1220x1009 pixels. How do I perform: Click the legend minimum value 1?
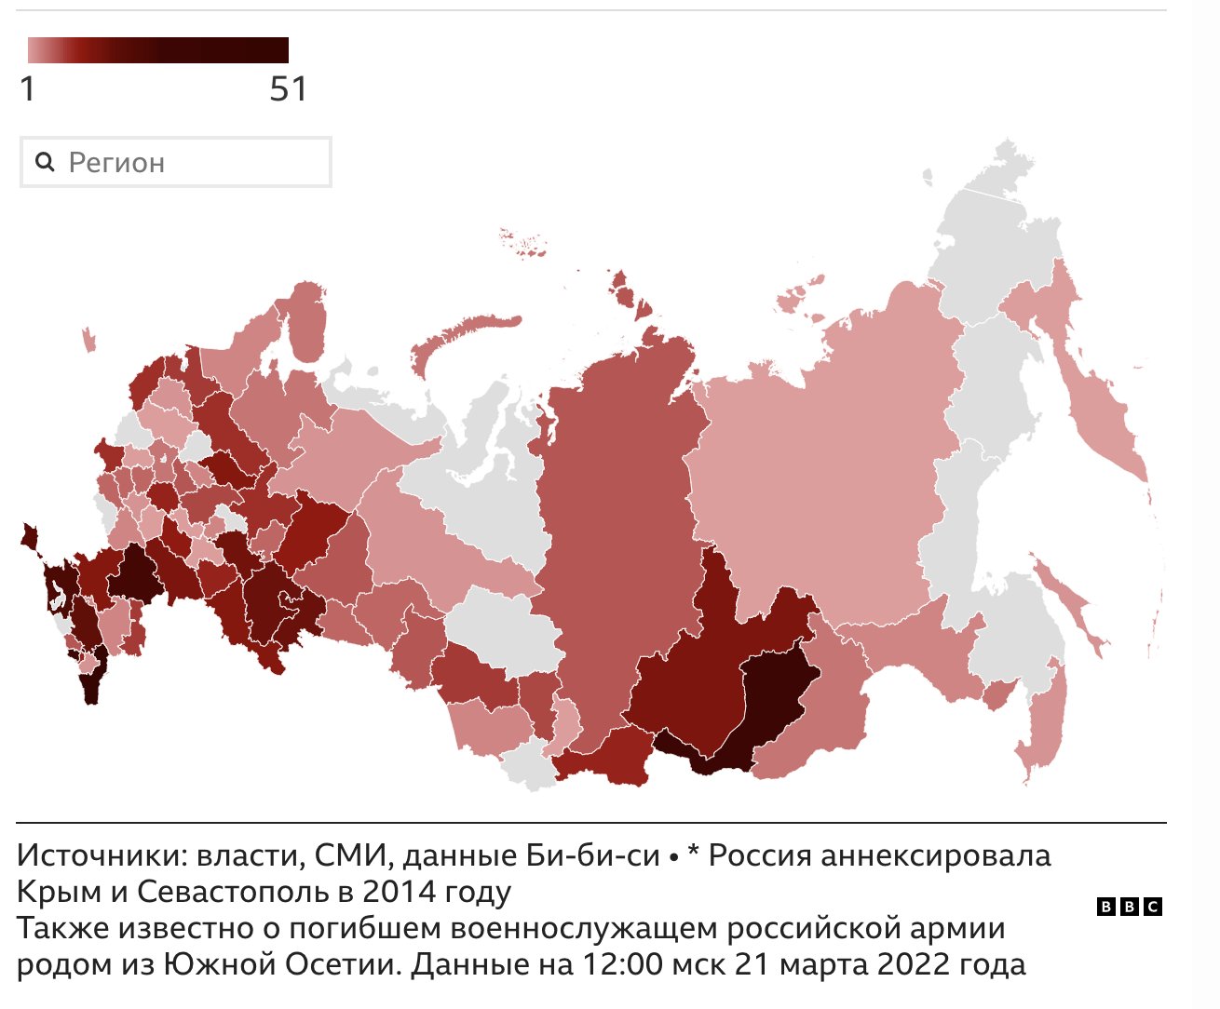point(28,89)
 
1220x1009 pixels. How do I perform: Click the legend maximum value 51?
point(288,89)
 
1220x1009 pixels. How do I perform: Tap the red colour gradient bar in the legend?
point(157,50)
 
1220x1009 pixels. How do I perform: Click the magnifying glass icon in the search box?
point(44,162)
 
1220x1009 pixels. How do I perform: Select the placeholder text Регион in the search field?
point(116,163)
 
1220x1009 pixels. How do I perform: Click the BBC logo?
point(1129,907)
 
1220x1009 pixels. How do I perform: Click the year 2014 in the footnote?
point(398,892)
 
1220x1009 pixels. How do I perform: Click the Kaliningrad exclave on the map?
point(88,339)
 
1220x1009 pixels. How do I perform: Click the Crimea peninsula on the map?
point(29,536)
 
